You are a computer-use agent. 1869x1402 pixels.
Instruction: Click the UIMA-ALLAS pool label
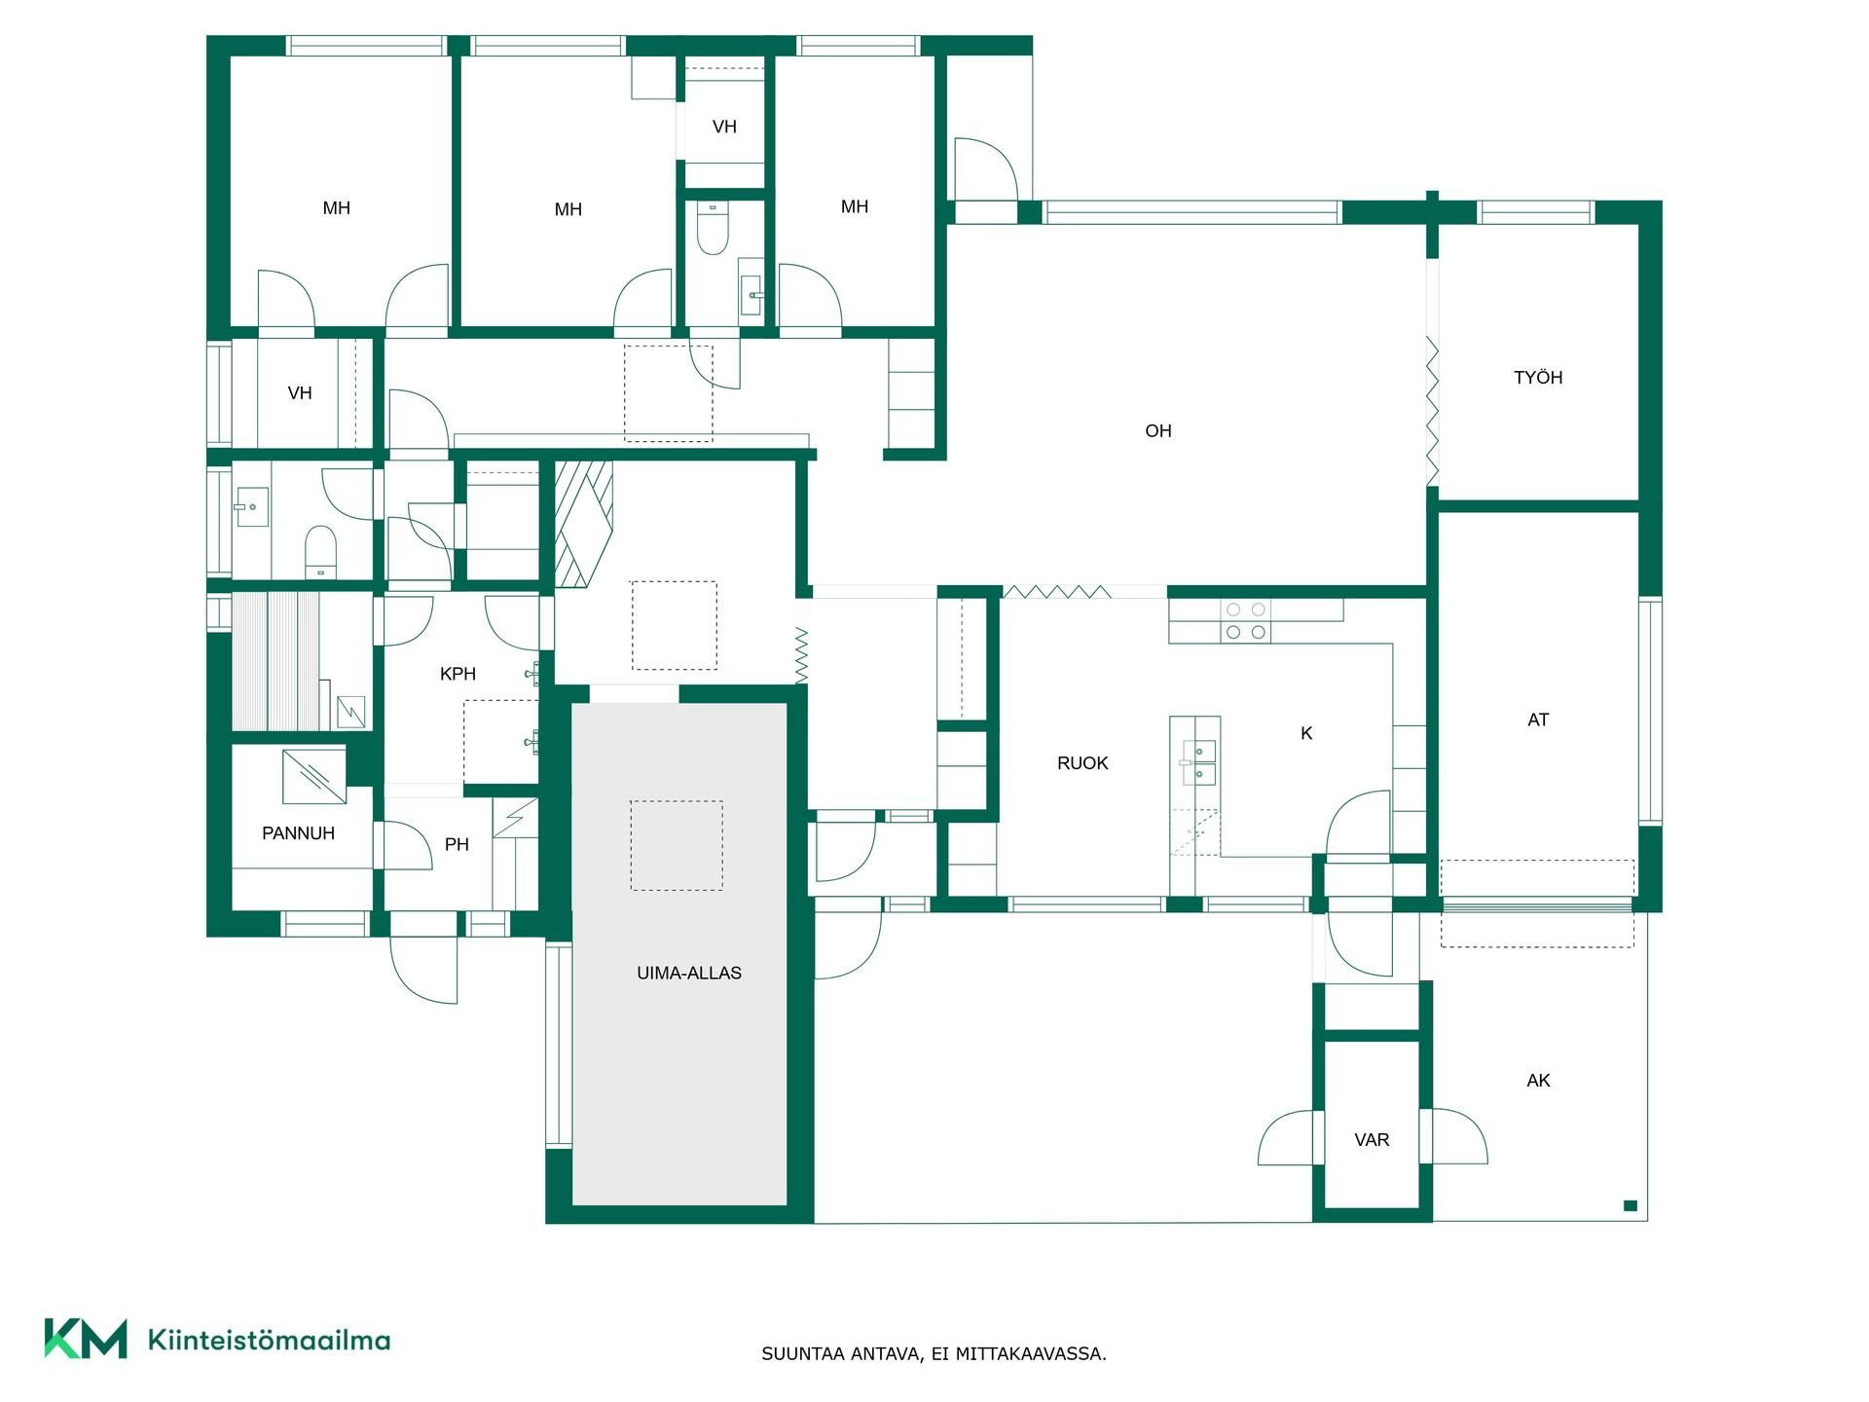coord(689,973)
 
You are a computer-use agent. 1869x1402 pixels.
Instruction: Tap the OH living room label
coord(1158,430)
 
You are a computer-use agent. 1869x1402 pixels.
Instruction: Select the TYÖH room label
coord(1538,377)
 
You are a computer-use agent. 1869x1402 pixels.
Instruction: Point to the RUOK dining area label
coord(1082,763)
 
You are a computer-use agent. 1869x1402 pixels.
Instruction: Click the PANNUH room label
coord(298,833)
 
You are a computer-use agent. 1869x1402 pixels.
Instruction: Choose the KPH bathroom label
coord(458,674)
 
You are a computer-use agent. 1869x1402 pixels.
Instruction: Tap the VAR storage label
coord(1372,1139)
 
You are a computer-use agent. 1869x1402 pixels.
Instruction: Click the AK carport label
coord(1538,1080)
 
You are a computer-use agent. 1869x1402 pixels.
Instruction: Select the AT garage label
coord(1538,719)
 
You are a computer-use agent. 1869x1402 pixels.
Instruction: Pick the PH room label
coord(457,844)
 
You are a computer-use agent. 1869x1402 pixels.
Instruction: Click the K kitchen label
coord(1306,733)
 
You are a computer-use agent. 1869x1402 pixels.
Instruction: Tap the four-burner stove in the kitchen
coord(1246,621)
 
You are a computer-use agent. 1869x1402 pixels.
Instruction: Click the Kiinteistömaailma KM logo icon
coord(86,1339)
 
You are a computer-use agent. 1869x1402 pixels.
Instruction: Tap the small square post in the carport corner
coord(1631,1205)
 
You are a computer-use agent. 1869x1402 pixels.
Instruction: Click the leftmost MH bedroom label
coord(336,207)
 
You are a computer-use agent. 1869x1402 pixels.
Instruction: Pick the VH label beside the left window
coord(300,393)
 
